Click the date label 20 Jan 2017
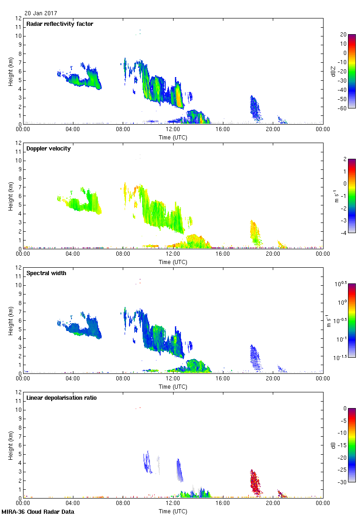click(x=41, y=13)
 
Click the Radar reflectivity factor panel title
click(x=60, y=24)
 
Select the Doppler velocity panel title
click(x=48, y=149)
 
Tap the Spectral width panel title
click(x=46, y=273)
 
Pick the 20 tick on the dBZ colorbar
click(x=343, y=35)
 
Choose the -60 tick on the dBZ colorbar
click(x=342, y=108)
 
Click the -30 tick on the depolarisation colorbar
click(x=342, y=482)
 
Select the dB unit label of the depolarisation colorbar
click(x=333, y=445)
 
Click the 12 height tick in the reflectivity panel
click(x=18, y=18)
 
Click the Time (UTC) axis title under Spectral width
click(x=173, y=387)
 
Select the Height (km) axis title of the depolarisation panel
click(x=10, y=445)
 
